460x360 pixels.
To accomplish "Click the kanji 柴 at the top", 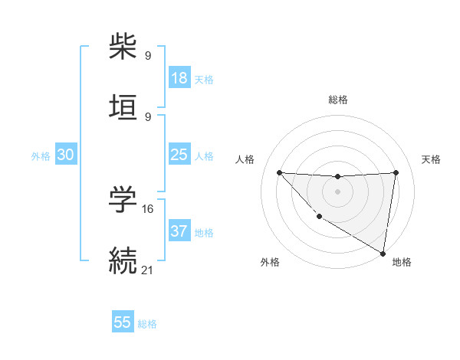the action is coord(123,47).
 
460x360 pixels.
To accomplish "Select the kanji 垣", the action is coord(123,109).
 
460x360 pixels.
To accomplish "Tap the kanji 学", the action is coord(123,201).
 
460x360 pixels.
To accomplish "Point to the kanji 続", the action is coord(123,261).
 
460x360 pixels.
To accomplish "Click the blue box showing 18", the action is coord(179,78).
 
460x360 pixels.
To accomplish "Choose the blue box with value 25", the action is coord(179,155).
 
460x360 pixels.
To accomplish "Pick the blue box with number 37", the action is coord(179,231).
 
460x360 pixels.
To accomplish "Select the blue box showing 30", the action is coord(66,155).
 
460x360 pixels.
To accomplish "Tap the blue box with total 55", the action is coord(123,322).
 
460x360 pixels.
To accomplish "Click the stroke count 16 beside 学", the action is coord(149,208).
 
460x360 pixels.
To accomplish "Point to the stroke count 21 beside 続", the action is coord(148,270).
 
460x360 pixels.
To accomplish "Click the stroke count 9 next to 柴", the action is coord(148,55).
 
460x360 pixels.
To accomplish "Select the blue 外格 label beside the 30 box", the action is coord(41,156).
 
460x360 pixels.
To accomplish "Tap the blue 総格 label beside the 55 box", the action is coord(147,324).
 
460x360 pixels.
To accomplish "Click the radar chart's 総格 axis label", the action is coord(338,100).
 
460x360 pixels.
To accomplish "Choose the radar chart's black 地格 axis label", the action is coord(402,262).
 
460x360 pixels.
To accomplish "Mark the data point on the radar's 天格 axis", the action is coord(396,172).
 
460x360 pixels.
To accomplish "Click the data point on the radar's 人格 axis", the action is coord(279,172).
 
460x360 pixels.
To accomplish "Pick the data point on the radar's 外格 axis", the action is coord(319,216).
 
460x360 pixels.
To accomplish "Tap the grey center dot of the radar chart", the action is coord(337,191).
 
